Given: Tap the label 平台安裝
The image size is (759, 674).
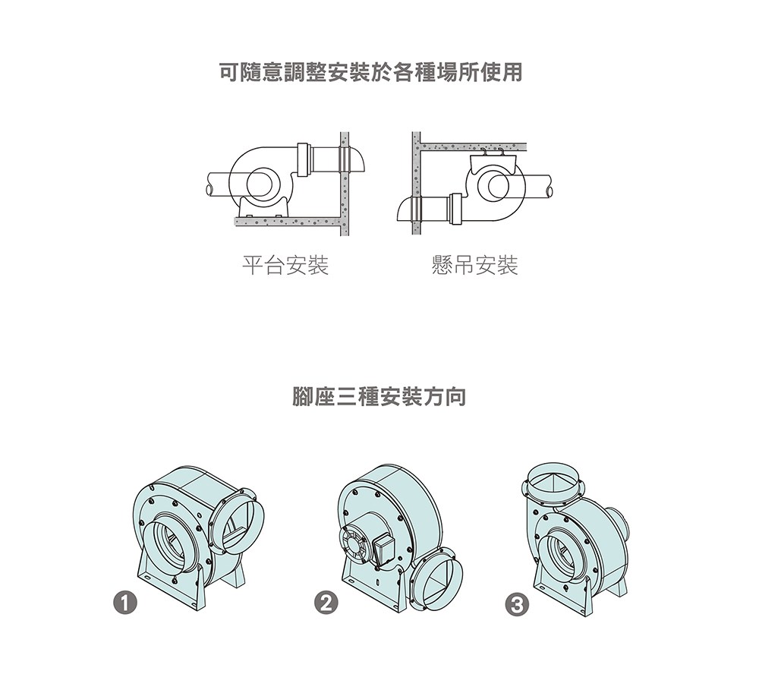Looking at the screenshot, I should pyautogui.click(x=285, y=266).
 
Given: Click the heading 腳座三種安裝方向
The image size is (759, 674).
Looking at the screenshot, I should pyautogui.click(x=379, y=397).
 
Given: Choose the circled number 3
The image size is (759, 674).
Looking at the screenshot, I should pyautogui.click(x=518, y=605).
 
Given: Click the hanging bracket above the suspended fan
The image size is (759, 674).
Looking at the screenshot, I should pyautogui.click(x=492, y=160).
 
